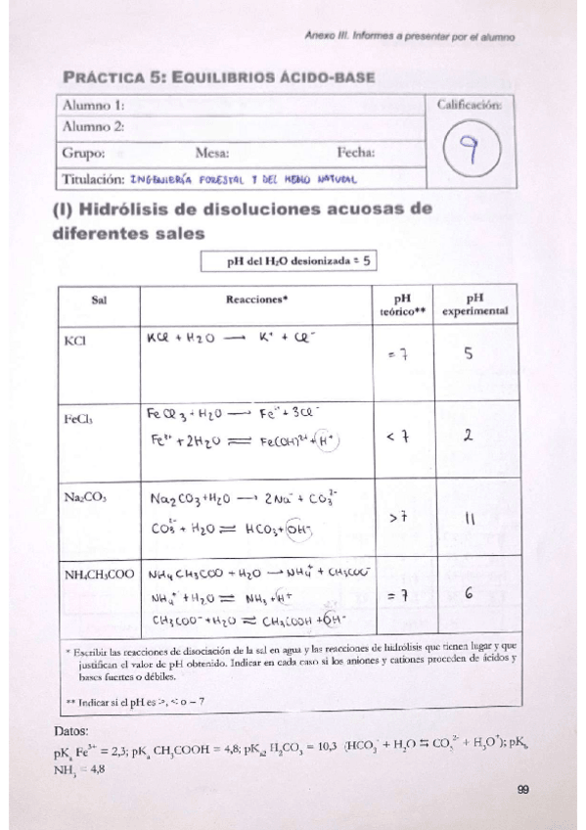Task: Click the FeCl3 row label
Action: (78, 418)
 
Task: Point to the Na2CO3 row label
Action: (85, 497)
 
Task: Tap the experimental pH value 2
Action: (469, 437)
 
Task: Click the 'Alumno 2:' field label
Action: (94, 126)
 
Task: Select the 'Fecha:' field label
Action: (357, 152)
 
